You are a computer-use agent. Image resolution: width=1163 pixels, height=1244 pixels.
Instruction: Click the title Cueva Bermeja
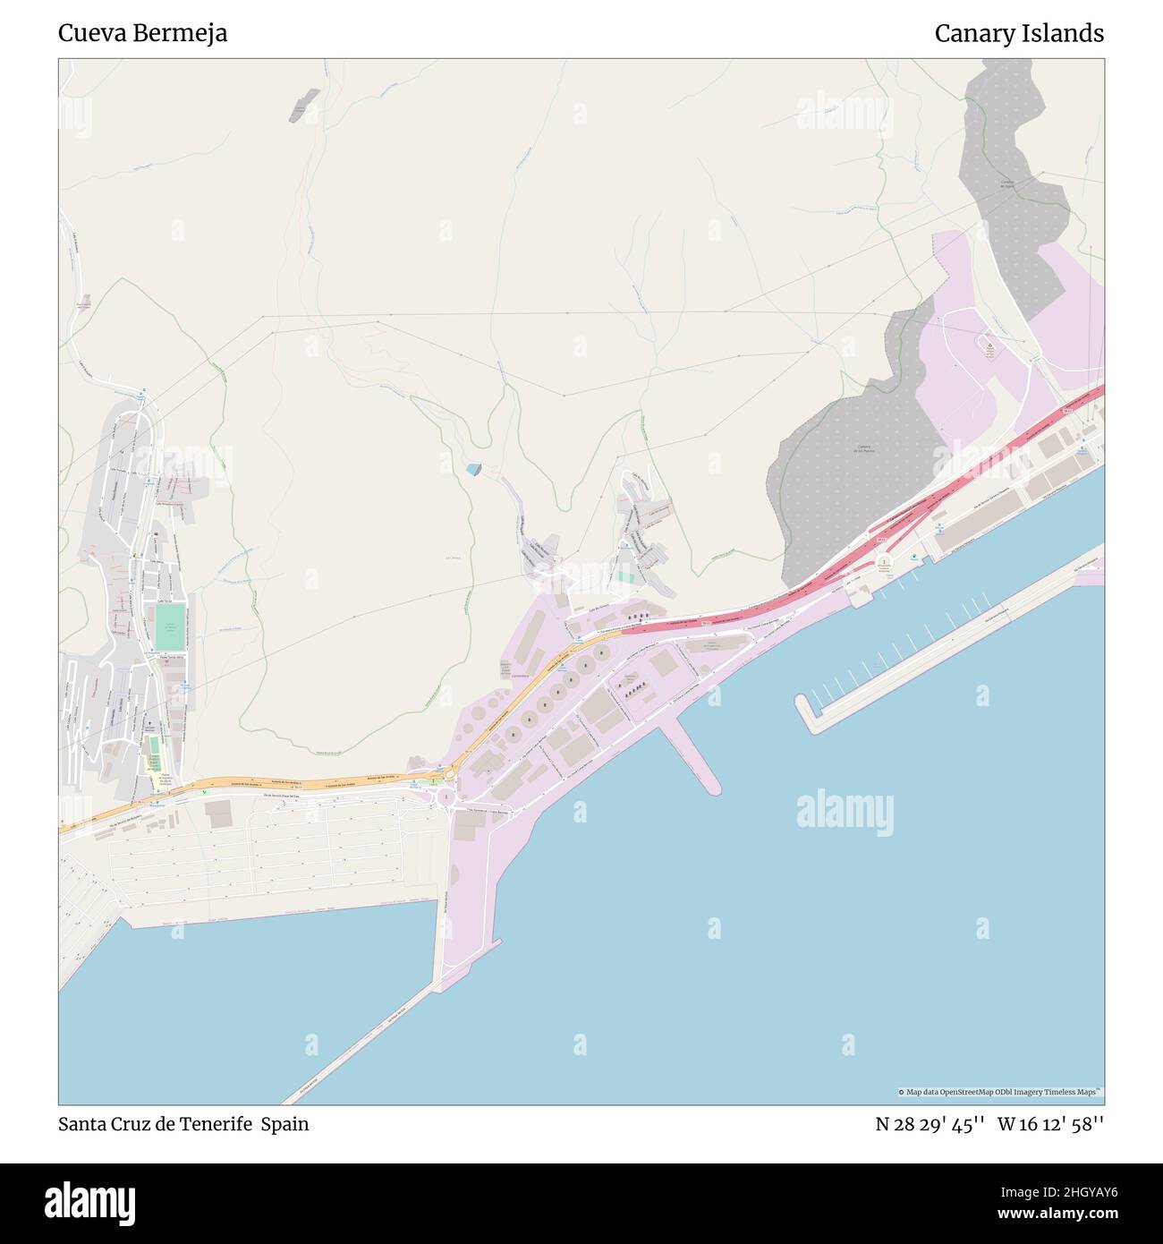tap(142, 33)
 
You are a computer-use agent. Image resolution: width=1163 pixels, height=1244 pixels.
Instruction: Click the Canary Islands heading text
tap(1019, 33)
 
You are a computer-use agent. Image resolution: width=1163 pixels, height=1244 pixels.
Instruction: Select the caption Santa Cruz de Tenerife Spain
tap(183, 1124)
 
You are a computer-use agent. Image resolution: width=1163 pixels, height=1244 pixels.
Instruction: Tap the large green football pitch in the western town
tap(170, 626)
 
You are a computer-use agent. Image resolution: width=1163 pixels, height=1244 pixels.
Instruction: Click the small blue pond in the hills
tap(473, 469)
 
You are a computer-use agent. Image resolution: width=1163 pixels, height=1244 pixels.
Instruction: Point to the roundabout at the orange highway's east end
tap(446, 795)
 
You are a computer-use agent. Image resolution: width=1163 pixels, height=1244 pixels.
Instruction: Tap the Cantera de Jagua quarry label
tap(1006, 184)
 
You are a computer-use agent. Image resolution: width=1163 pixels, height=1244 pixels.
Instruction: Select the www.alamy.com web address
tap(1052, 1214)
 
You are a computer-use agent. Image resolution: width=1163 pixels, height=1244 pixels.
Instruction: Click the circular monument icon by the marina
tap(884, 565)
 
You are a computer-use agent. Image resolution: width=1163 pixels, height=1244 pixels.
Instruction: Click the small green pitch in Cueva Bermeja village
tap(624, 576)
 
